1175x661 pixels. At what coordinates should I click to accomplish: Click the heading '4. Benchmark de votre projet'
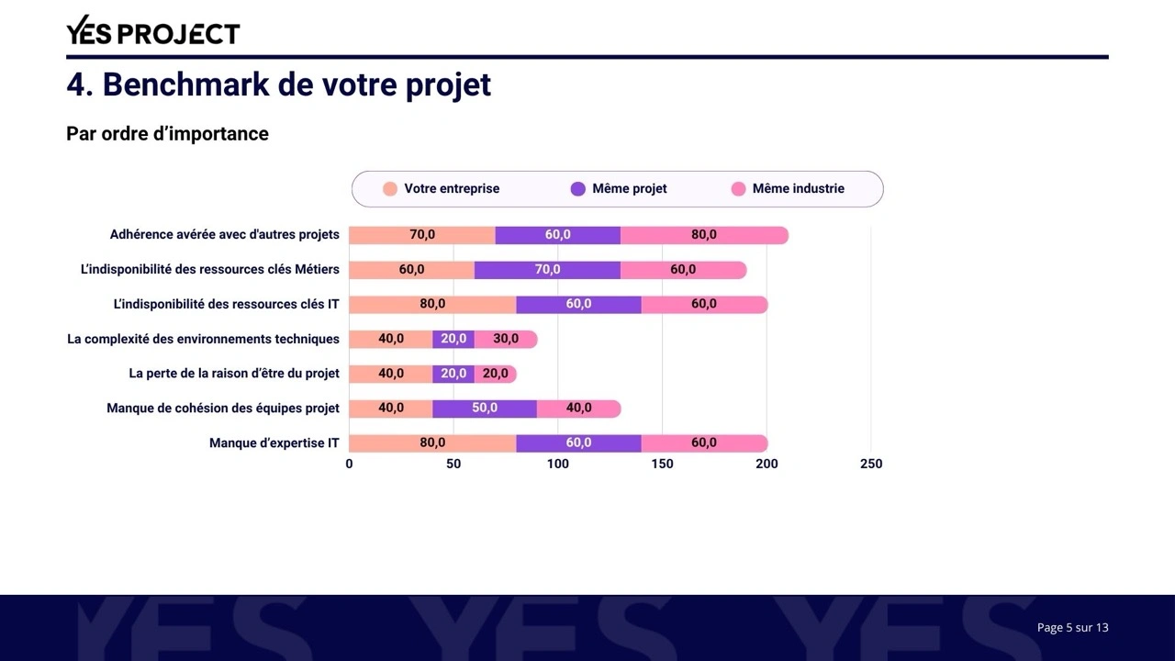(x=278, y=84)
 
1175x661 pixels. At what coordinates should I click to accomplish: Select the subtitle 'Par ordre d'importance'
(x=167, y=134)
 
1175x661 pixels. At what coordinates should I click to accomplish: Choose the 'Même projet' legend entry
(x=619, y=189)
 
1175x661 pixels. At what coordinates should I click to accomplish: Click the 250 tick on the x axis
(x=871, y=465)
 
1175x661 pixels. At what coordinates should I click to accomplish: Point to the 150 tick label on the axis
(x=662, y=465)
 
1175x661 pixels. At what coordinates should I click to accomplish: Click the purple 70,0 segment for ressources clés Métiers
(x=547, y=270)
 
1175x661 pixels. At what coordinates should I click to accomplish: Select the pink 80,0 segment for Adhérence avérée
(x=704, y=235)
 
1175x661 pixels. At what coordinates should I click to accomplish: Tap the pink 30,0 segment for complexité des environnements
(x=506, y=339)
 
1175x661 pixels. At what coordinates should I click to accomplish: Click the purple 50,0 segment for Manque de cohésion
(x=485, y=409)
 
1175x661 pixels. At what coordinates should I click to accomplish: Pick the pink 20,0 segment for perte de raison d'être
(x=496, y=374)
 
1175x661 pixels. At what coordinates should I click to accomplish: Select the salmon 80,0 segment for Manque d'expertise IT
(x=432, y=443)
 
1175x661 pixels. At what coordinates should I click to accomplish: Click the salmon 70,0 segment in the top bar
(x=422, y=235)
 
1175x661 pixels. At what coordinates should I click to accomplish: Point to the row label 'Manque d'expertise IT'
(x=274, y=443)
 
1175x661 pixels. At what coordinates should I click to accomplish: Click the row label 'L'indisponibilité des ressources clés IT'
(x=226, y=305)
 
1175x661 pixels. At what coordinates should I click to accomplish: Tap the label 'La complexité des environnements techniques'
(x=203, y=340)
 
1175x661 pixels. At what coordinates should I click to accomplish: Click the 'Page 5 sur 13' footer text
(x=1072, y=628)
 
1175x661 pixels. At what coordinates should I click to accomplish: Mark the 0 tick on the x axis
(x=349, y=465)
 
